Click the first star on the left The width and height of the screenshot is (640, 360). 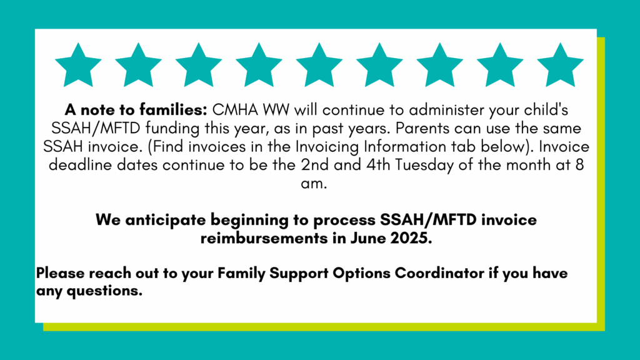click(x=78, y=66)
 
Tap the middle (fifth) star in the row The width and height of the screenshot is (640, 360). click(x=319, y=66)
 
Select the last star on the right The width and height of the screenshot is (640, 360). click(x=560, y=66)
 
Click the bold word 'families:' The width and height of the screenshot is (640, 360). click(x=173, y=110)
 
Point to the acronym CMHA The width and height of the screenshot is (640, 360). click(x=235, y=110)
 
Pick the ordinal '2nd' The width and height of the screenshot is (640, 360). click(x=315, y=165)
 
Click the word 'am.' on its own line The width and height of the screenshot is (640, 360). click(x=314, y=184)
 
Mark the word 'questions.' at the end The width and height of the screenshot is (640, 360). click(x=104, y=291)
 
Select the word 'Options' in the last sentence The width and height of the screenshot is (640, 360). click(x=362, y=273)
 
